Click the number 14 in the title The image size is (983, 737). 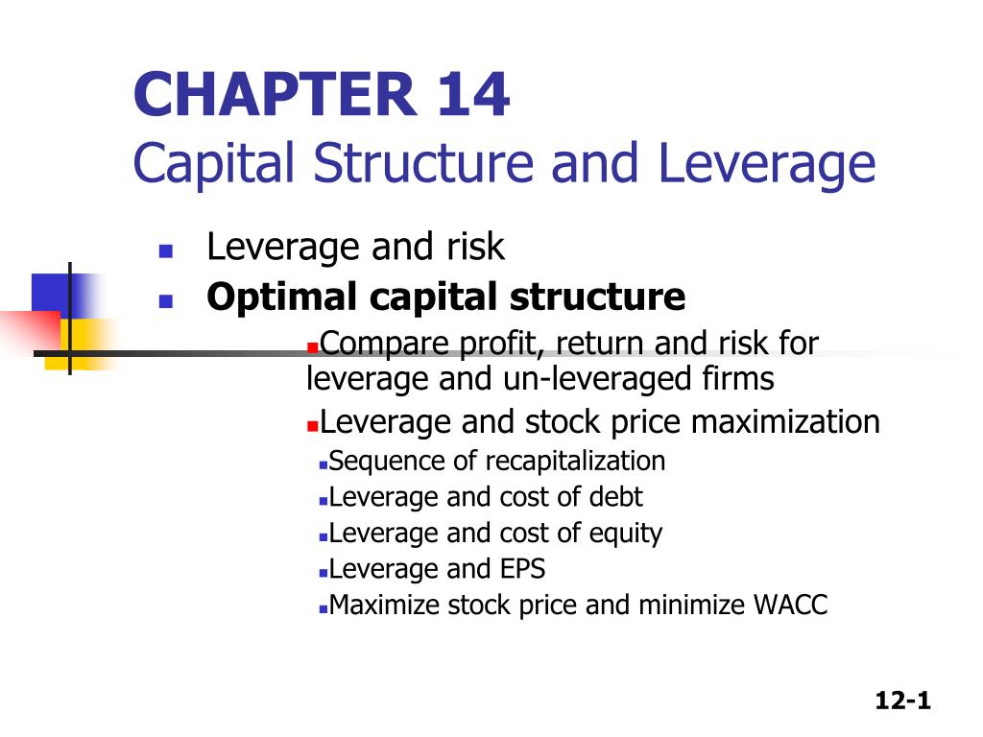463,97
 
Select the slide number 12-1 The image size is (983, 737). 903,701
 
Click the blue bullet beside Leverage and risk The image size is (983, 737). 165,252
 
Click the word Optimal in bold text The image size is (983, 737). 264,297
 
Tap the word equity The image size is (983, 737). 630,534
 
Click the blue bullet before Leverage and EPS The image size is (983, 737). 324,572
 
